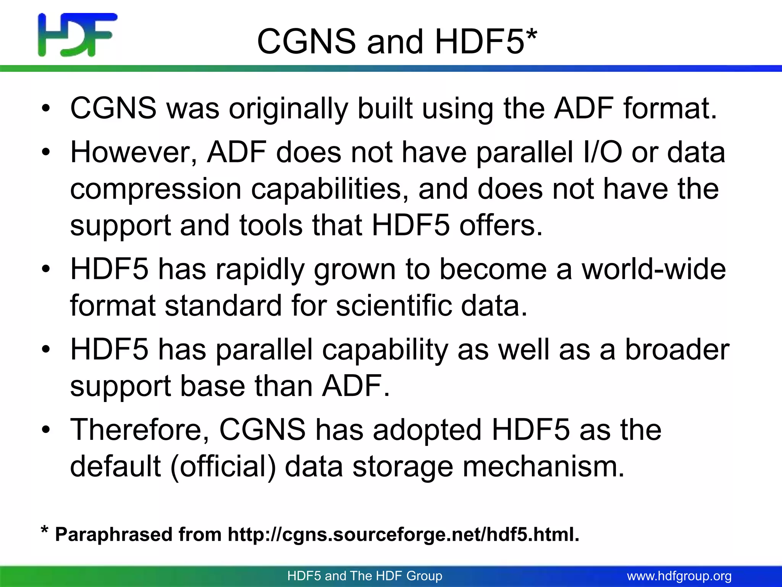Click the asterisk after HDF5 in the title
[x=531, y=36]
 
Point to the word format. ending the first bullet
[x=670, y=109]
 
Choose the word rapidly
[x=260, y=269]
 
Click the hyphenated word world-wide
[x=653, y=269]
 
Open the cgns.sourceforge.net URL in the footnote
[x=403, y=534]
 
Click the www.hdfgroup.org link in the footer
[x=679, y=576]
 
